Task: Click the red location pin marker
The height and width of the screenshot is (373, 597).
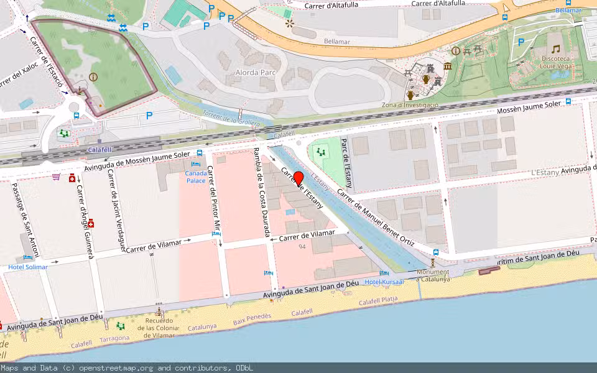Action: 298,178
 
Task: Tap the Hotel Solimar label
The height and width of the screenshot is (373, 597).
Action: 27,267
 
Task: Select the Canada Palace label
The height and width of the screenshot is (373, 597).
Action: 195,177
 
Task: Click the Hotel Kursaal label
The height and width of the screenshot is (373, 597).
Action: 384,282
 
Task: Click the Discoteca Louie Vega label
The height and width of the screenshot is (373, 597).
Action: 555,61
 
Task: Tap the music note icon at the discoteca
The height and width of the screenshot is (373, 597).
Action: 555,48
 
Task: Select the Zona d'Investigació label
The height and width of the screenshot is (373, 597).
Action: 410,105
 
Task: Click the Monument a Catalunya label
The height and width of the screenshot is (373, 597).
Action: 433,275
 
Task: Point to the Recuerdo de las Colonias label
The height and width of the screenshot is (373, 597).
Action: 159,328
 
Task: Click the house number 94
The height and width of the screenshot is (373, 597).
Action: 302,247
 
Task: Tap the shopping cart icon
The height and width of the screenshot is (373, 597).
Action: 57,177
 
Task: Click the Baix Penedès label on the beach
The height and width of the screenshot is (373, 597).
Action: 252,319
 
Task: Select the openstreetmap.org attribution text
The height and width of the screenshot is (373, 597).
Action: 127,368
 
